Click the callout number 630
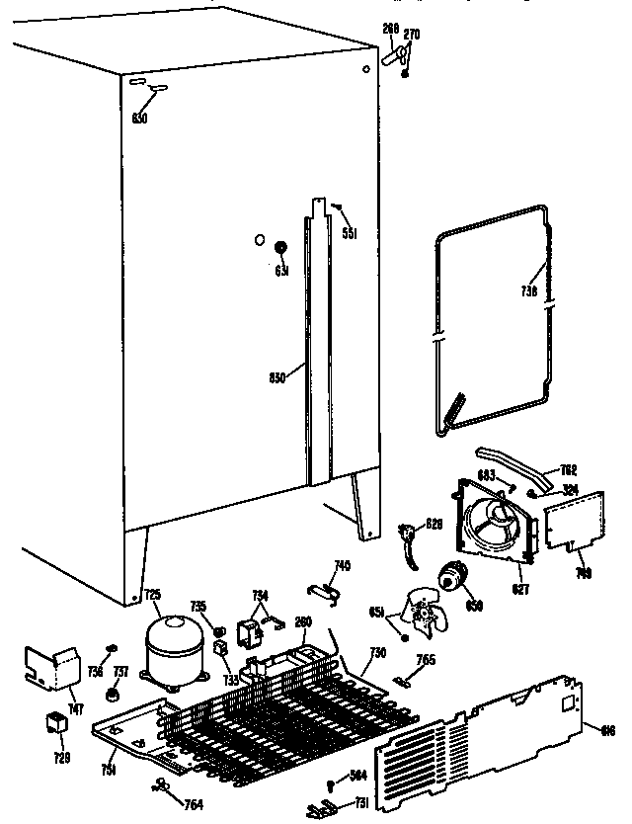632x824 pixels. pos(139,120)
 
